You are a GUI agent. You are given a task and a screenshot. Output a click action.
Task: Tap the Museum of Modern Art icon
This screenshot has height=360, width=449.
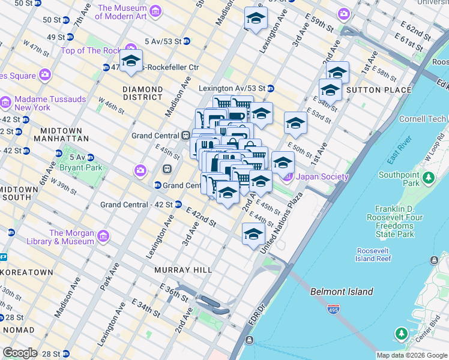tap(156, 11)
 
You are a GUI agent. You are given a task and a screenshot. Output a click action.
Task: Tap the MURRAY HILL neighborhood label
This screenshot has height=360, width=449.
tap(183, 270)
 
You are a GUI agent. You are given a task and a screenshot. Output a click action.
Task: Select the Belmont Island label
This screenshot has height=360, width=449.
tap(342, 292)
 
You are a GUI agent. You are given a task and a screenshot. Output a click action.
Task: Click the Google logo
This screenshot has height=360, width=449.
tap(20, 353)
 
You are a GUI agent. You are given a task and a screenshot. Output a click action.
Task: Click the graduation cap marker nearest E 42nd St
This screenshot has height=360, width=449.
tap(228, 193)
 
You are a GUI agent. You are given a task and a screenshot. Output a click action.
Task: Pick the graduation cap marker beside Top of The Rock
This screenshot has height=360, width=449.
tap(131, 61)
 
